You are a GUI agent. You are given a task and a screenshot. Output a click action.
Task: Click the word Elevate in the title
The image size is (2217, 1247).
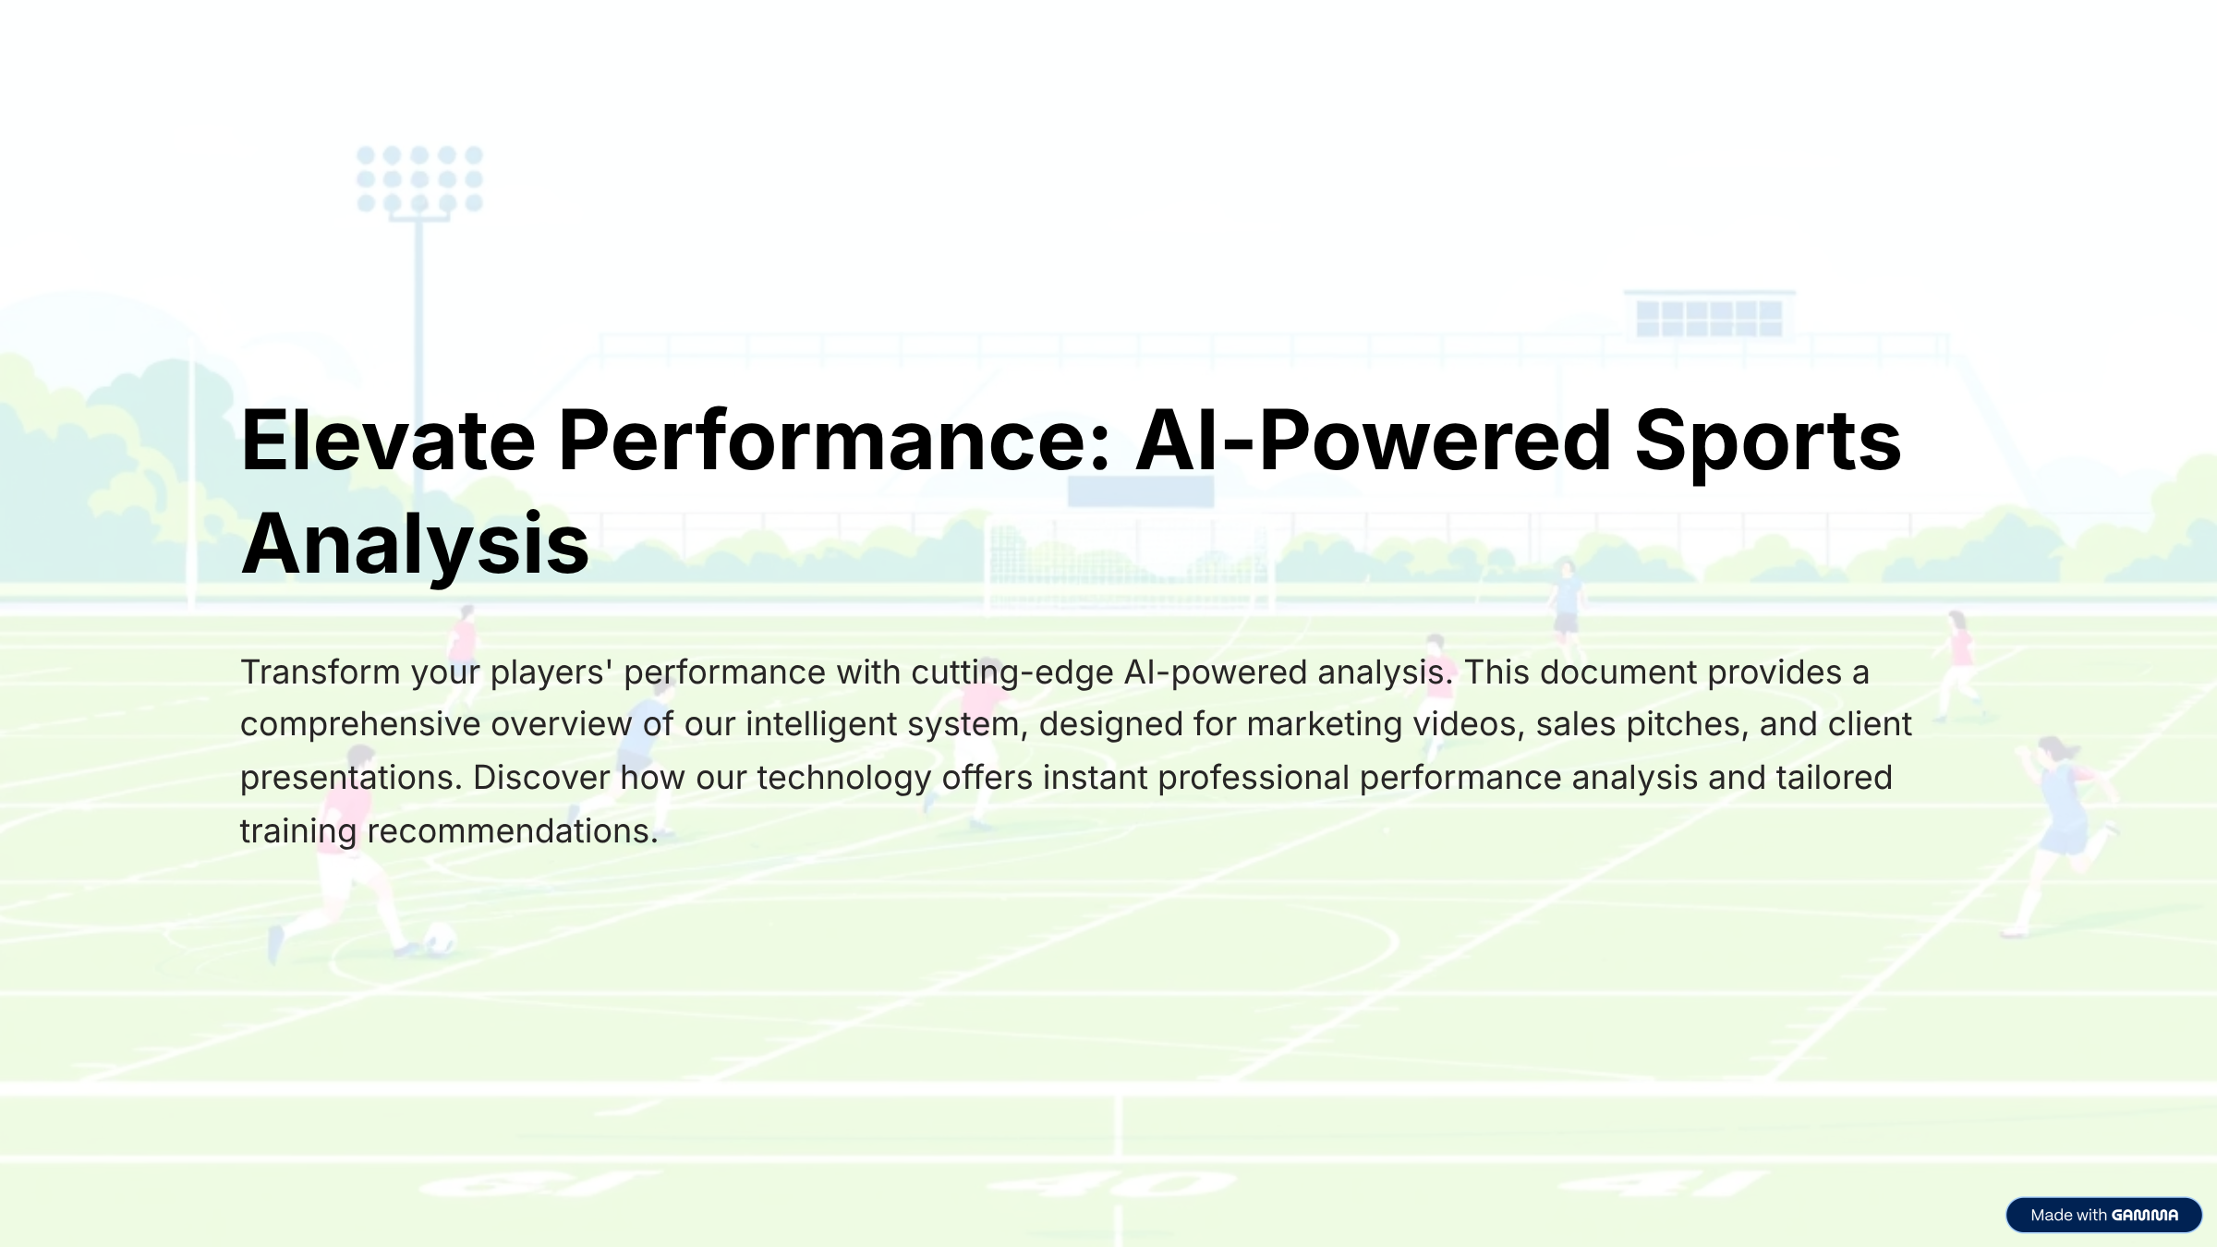click(x=388, y=441)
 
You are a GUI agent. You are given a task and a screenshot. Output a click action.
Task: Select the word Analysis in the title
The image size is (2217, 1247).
click(x=415, y=544)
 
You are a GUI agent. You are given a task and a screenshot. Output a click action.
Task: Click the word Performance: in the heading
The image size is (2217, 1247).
click(x=834, y=441)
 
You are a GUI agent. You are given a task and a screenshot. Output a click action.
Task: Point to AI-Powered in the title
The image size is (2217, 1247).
click(x=1373, y=441)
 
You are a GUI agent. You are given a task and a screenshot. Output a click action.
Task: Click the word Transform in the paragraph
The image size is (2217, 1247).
click(x=321, y=672)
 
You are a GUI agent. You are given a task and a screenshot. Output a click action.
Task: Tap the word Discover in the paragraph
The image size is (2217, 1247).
click(x=541, y=778)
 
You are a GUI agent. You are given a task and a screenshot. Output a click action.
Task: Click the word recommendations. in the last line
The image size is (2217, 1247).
click(x=513, y=831)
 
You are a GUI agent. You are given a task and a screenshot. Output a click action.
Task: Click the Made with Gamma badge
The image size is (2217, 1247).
click(x=2103, y=1215)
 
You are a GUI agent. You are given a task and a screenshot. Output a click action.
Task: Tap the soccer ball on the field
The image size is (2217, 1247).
click(x=440, y=939)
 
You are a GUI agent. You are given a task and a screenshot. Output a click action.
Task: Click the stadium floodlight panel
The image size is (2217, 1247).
click(x=420, y=179)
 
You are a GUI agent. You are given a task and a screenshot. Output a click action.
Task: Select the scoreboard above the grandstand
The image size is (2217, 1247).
click(x=1709, y=316)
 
